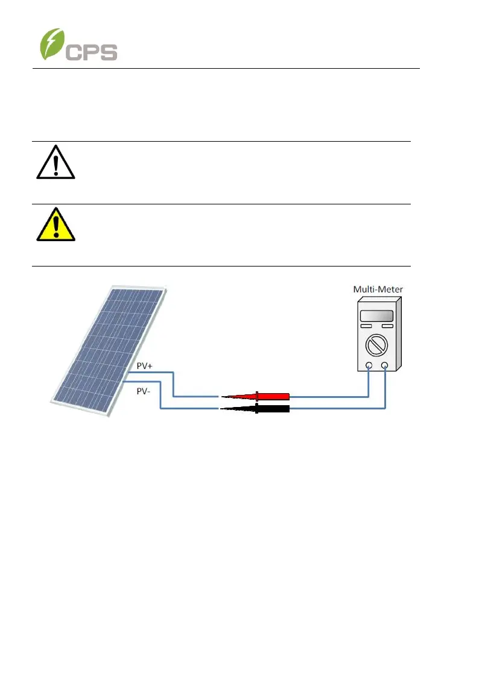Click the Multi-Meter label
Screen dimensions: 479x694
coord(378,289)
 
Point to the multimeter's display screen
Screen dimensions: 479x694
coord(376,316)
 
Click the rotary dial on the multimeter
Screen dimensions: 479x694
coord(376,347)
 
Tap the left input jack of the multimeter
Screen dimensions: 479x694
coord(369,365)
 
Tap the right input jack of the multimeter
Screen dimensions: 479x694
coord(385,365)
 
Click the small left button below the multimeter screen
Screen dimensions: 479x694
coord(366,327)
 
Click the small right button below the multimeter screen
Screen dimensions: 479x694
coord(387,327)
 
